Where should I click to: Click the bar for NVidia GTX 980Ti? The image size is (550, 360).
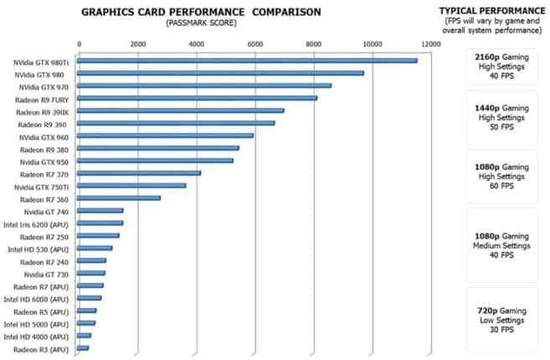click(247, 60)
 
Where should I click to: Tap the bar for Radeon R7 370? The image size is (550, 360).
click(139, 173)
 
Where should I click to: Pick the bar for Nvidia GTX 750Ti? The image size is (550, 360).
click(131, 185)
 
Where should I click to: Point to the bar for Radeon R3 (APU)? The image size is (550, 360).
click(83, 347)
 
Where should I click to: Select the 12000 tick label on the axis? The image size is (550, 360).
click(430, 43)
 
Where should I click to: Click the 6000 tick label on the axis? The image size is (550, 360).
click(254, 43)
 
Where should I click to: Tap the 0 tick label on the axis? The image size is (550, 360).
click(79, 43)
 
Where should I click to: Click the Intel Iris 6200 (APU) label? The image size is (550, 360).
click(38, 224)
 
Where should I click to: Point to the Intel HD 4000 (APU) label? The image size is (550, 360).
click(38, 336)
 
